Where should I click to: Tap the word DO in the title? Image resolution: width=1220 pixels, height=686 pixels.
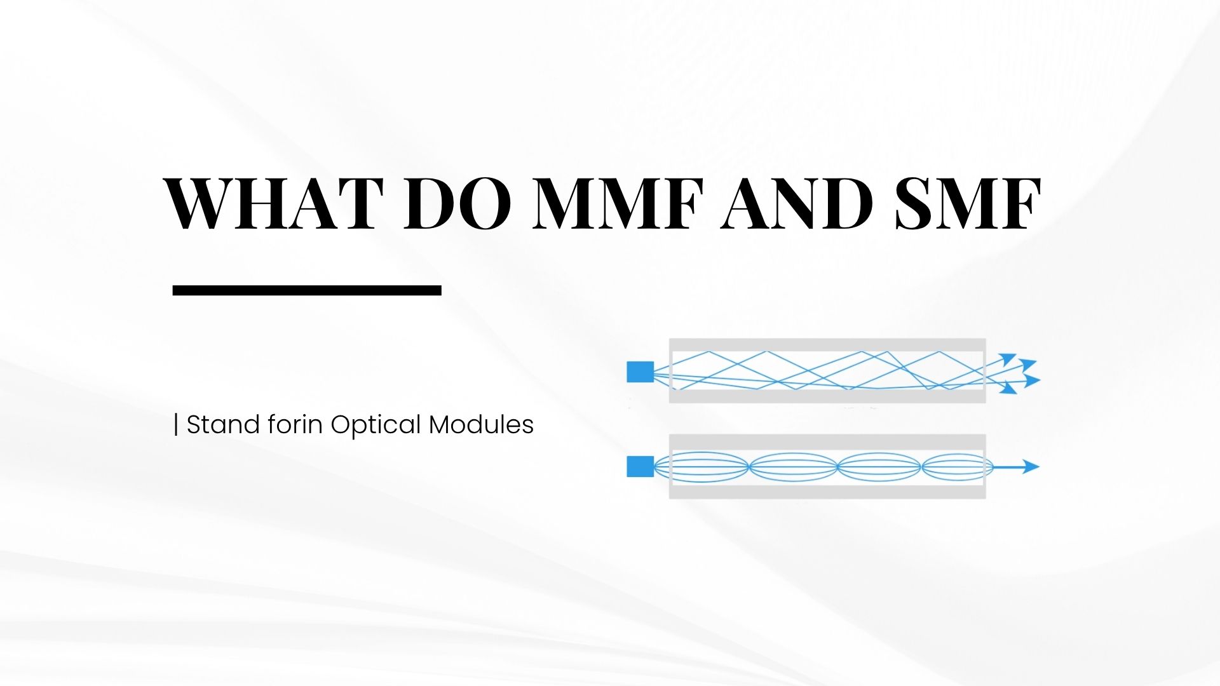point(457,203)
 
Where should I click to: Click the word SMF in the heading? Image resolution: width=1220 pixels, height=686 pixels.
point(968,203)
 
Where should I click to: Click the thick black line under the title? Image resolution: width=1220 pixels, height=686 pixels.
point(307,290)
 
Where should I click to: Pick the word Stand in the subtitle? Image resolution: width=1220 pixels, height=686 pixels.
point(223,424)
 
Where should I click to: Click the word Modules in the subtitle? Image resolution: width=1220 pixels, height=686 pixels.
point(481,424)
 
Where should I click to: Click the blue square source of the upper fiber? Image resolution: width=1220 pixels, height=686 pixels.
point(640,372)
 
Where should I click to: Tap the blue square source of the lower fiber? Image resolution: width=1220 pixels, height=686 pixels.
point(640,466)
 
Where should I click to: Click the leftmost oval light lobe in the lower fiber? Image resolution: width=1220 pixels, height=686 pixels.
point(702,467)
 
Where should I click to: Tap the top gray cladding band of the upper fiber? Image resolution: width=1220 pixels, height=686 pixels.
point(827,345)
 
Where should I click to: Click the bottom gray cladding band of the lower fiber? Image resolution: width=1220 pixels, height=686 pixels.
point(827,492)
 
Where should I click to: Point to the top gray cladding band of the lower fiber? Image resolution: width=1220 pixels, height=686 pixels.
point(827,441)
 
